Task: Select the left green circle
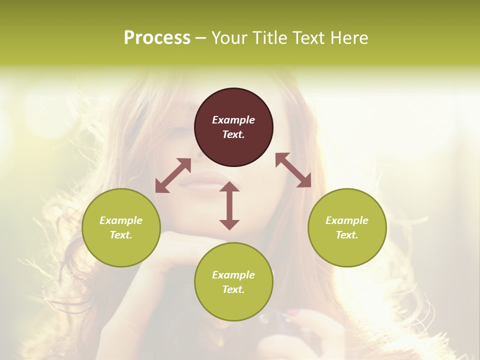pyautogui.click(x=121, y=227)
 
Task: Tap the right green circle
pyautogui.click(x=347, y=227)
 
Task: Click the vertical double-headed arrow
pyautogui.click(x=229, y=205)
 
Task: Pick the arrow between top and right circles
pyautogui.click(x=293, y=170)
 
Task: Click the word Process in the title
pyautogui.click(x=157, y=38)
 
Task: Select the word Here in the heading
pyautogui.click(x=348, y=38)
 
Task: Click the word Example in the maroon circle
pyautogui.click(x=233, y=120)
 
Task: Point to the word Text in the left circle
pyautogui.click(x=121, y=235)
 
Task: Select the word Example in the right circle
pyautogui.click(x=347, y=220)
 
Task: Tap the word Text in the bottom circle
pyautogui.click(x=233, y=289)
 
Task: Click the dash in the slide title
pyautogui.click(x=201, y=38)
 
